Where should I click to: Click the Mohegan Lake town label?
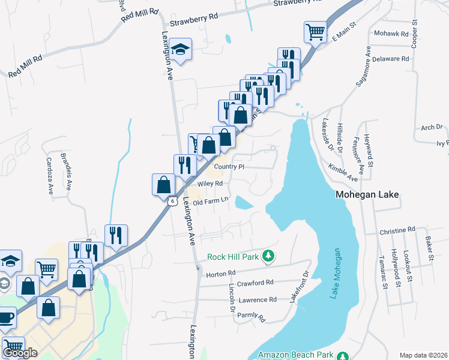367,195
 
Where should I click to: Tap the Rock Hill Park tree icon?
270,257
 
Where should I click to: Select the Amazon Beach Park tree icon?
343,355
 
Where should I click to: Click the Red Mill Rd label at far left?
25,67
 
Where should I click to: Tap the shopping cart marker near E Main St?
315,32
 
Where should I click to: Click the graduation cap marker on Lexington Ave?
179,50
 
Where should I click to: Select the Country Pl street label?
229,167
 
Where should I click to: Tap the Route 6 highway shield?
172,202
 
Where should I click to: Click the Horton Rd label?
220,274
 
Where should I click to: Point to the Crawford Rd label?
255,282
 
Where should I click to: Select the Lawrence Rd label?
257,299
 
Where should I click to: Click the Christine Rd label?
397,230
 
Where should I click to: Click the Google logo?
20,353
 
